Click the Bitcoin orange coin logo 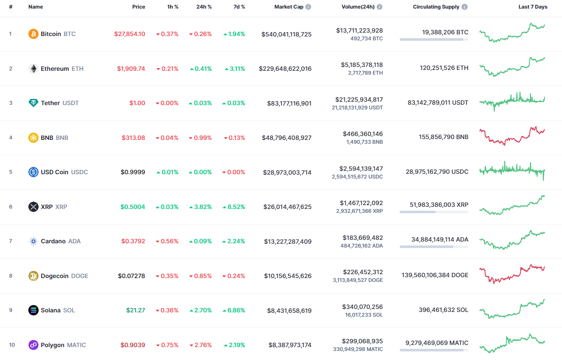point(33,34)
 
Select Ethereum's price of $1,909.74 point(131,69)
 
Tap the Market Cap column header point(289,7)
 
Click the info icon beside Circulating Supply point(465,7)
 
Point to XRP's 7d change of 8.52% point(234,207)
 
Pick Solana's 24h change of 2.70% point(200,310)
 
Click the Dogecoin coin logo point(33,276)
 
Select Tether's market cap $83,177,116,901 point(286,103)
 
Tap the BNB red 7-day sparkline point(512,136)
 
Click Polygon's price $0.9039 point(133,345)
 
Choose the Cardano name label point(53,241)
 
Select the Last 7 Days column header point(533,7)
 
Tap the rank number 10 point(12,345)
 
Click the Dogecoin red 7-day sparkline point(512,273)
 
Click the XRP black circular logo point(33,207)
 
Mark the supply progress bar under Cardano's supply point(434,247)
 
